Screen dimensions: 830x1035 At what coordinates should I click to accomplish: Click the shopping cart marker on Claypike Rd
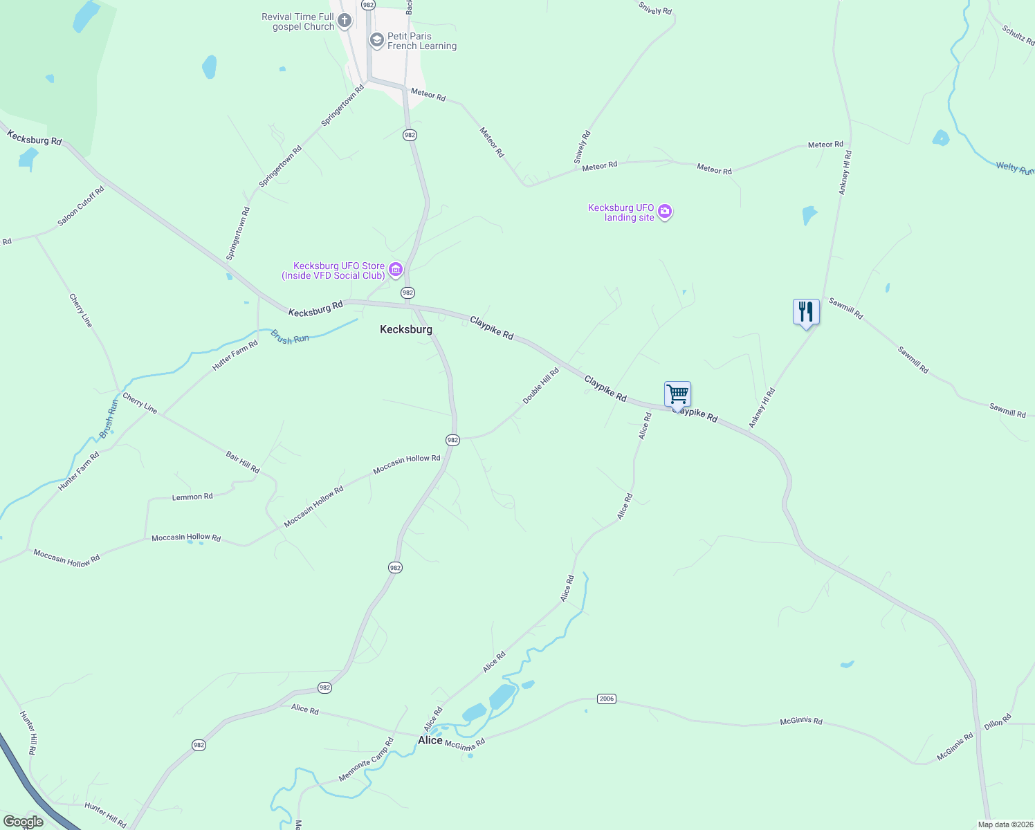677,394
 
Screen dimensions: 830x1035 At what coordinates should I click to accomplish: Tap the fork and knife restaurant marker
806,311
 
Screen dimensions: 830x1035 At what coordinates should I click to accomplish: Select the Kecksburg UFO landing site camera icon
665,212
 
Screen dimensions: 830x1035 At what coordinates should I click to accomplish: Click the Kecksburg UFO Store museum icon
396,270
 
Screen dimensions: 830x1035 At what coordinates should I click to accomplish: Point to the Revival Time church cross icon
345,21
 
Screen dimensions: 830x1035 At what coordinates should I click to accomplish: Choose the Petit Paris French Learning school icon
377,40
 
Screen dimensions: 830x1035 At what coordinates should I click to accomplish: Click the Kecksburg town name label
406,330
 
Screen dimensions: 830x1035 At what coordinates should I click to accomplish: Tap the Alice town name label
430,740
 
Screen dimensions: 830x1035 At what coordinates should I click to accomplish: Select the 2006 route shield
607,699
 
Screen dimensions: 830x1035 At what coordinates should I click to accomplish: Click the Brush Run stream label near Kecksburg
290,338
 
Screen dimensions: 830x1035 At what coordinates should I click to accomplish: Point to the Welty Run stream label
1014,167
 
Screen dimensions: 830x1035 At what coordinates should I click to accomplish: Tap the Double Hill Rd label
540,387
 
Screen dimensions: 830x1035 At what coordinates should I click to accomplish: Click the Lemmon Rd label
192,497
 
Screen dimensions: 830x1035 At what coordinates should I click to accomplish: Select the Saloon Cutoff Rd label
81,206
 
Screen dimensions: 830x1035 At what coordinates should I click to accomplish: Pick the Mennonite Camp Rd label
366,760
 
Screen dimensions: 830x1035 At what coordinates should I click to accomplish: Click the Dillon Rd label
998,721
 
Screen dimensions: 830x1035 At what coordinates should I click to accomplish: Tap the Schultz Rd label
1018,35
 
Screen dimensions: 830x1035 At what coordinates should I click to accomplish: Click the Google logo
24,822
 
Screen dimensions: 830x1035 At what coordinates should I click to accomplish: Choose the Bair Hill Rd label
243,462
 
